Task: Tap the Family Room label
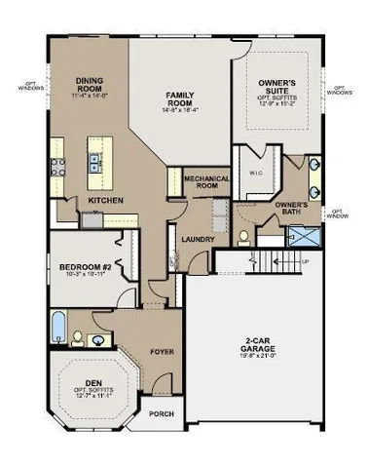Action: click(182, 97)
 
